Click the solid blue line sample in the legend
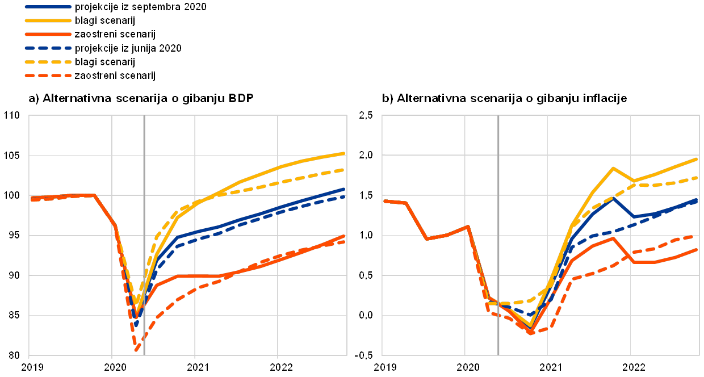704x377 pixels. pos(48,7)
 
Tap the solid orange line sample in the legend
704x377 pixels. pos(48,34)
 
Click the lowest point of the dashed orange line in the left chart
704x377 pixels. pos(136,351)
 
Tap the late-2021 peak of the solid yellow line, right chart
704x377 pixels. pos(613,168)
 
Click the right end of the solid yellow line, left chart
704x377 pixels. pos(345,153)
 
